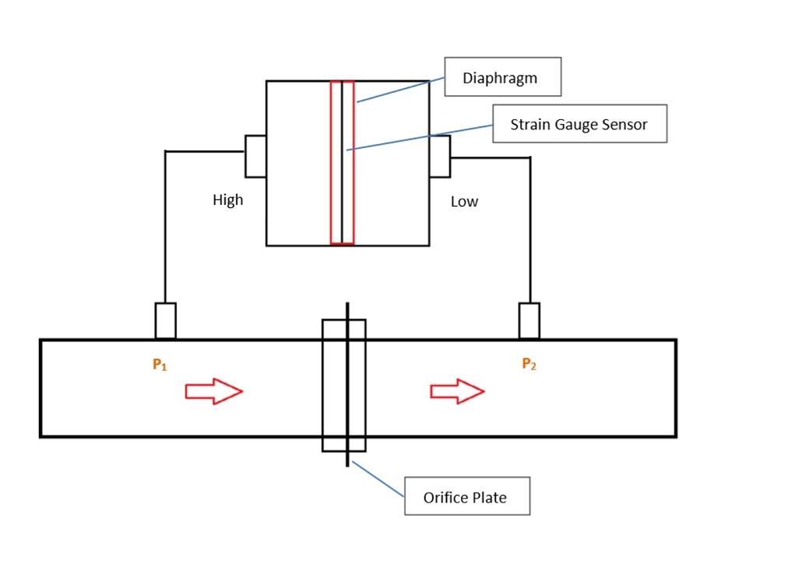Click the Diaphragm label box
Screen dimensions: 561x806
[502, 77]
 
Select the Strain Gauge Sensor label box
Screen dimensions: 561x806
[579, 124]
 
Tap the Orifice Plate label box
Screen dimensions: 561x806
[466, 496]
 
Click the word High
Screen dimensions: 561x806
[227, 200]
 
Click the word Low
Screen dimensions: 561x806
[464, 202]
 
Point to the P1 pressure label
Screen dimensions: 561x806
[160, 365]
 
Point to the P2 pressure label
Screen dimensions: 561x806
[529, 364]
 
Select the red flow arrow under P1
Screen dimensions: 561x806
[213, 390]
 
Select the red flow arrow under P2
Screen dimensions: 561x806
[458, 390]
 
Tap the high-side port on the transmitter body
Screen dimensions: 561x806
[255, 156]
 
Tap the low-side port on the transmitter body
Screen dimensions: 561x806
[439, 156]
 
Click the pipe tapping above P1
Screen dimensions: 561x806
[165, 321]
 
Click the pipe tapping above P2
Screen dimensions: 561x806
[530, 321]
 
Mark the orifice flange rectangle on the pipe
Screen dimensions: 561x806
[343, 385]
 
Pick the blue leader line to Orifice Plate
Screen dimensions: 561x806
[378, 478]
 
